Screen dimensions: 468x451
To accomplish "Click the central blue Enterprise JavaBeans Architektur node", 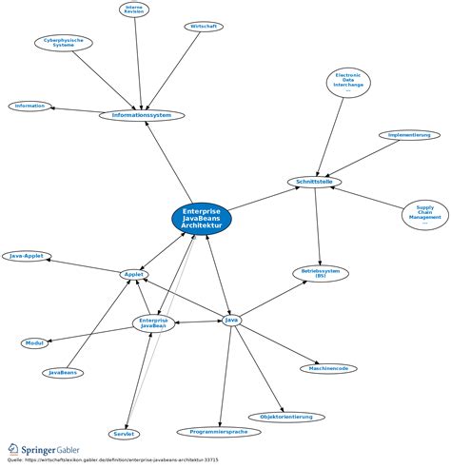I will tap(202, 218).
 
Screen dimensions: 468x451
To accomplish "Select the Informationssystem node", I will tap(142, 116).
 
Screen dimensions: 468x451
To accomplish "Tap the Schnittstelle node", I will tap(314, 182).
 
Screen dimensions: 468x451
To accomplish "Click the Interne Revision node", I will tap(134, 10).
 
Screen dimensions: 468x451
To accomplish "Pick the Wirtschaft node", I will tap(204, 27).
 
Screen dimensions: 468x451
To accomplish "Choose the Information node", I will tap(29, 106).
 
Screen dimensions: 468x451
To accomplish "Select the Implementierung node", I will tap(408, 135).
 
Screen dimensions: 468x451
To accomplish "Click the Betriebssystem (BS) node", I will tap(320, 273).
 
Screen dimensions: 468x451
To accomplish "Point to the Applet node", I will tap(134, 274).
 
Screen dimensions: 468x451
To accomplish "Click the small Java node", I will tap(231, 320).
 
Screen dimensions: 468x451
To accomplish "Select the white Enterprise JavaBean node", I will tap(154, 323).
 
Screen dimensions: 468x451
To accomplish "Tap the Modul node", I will tap(35, 342).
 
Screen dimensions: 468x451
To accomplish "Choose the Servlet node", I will tap(124, 434).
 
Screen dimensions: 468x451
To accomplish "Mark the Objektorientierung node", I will tap(286, 417).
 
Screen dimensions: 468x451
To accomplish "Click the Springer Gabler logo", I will tap(46, 448).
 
